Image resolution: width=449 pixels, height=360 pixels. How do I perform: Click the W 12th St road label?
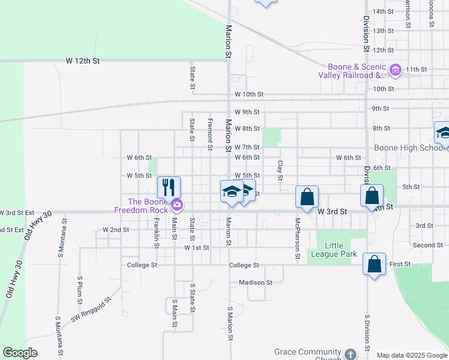(x=82, y=61)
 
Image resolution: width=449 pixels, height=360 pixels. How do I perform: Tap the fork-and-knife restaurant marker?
(x=169, y=187)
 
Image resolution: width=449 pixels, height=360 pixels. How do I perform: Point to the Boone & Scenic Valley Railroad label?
(x=353, y=71)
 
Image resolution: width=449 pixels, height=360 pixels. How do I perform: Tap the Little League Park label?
(x=341, y=250)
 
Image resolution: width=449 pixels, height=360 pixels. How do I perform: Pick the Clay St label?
(x=280, y=169)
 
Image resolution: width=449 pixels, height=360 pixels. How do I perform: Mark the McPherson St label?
(x=297, y=238)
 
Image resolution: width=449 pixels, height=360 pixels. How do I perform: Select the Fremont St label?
(x=210, y=134)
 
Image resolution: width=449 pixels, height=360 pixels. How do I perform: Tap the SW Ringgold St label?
(x=91, y=311)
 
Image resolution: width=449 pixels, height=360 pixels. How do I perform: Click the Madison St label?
(x=255, y=282)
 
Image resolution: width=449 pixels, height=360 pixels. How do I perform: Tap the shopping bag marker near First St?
(x=374, y=264)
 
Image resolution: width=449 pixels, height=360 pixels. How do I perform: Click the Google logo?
(x=20, y=353)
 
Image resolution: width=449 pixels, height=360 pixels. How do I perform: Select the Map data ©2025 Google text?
(x=411, y=355)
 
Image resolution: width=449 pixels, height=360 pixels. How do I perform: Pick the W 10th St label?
(x=249, y=95)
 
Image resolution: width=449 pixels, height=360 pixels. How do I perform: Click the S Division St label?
(x=366, y=332)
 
